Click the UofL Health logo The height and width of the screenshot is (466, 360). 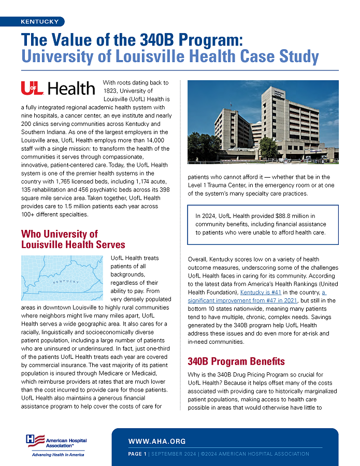pyautogui.click(x=58, y=89)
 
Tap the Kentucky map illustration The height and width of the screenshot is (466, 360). pyautogui.click(x=64, y=278)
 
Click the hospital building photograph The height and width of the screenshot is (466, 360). pyautogui.click(x=263, y=120)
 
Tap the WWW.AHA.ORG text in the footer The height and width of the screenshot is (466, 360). pyautogui.click(x=157, y=442)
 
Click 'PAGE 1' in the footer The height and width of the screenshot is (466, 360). pyautogui.click(x=138, y=454)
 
